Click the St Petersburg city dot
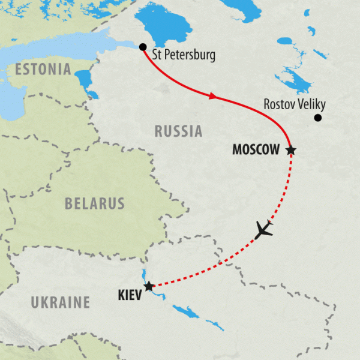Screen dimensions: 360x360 (142, 47)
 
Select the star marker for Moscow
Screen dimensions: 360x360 (291, 149)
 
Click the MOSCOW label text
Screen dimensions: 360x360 (257, 150)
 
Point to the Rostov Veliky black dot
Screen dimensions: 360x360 (318, 118)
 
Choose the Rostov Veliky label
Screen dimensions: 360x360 (294, 105)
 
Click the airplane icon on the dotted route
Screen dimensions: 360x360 (263, 229)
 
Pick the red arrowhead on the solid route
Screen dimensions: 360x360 (212, 96)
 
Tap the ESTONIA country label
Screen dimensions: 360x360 (44, 69)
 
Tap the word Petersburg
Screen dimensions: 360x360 (191, 56)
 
